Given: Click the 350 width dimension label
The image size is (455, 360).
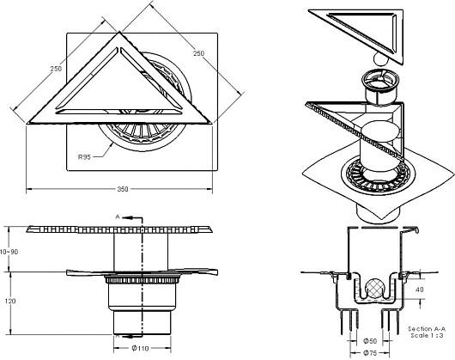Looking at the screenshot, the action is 123,189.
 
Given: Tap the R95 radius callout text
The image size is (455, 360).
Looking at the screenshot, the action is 84,157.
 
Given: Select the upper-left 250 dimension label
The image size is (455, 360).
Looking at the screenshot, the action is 56,69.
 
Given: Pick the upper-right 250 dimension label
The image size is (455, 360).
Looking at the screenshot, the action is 199,53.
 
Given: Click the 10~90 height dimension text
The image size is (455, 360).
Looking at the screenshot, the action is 9,252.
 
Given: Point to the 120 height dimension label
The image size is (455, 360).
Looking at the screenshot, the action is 10,301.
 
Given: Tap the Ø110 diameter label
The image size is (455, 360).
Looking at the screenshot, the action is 140,348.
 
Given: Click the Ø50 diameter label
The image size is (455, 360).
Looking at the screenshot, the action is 370,341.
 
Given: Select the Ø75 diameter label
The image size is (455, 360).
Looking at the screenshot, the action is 370,353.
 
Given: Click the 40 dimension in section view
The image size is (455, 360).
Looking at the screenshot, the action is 419,290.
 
